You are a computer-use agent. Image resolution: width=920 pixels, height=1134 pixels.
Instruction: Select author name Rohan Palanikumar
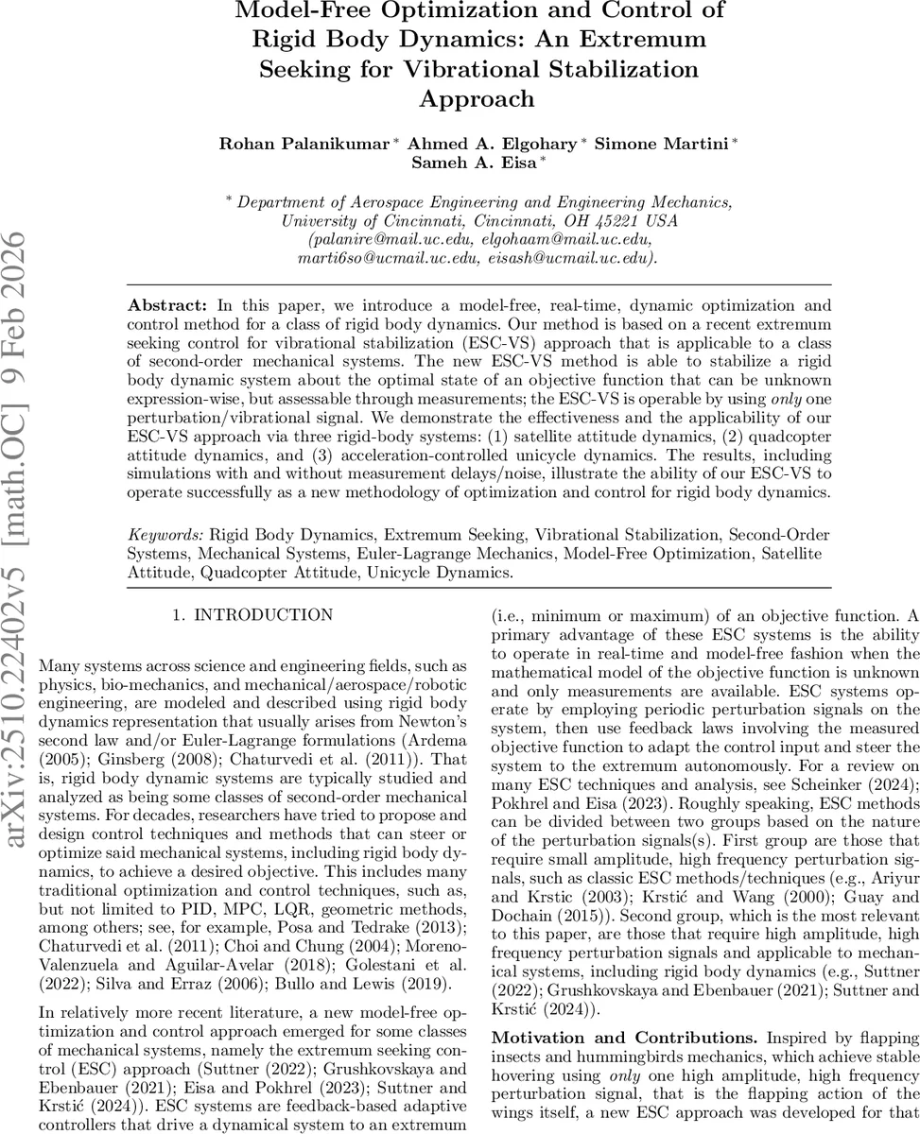pos(304,143)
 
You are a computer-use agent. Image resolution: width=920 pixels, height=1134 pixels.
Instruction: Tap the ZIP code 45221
pos(601,220)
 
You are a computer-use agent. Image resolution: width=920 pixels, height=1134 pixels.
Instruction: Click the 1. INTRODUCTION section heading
pos(252,615)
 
